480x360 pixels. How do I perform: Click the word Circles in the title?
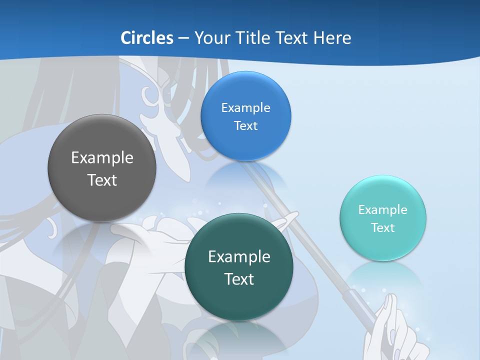click(147, 37)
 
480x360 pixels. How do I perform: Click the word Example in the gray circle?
click(102, 158)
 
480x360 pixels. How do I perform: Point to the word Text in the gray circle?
click(102, 180)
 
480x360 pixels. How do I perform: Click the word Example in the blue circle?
click(245, 107)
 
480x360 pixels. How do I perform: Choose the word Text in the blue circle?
click(245, 125)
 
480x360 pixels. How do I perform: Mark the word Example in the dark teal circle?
click(239, 257)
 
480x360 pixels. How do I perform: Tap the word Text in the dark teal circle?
click(239, 279)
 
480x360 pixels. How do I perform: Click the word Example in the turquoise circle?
click(382, 209)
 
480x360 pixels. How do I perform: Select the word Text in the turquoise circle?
click(382, 227)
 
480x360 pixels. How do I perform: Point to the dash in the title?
click(183, 37)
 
